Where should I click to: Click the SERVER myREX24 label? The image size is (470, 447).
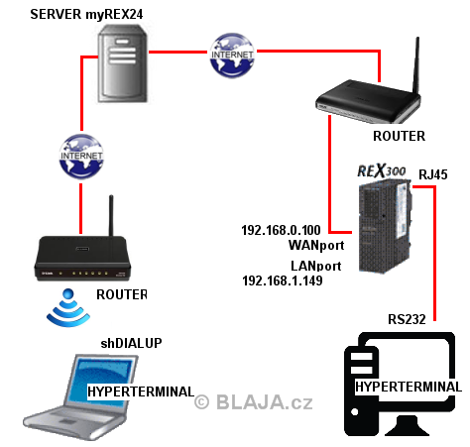(x=86, y=14)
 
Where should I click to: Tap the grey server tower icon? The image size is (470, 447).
(x=123, y=63)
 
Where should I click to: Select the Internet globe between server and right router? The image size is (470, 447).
(x=232, y=56)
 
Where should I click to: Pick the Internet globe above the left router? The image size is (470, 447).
(x=81, y=157)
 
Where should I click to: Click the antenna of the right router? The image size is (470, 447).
(x=416, y=65)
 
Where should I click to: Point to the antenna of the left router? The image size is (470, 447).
(x=111, y=215)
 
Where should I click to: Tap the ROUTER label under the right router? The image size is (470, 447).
(x=399, y=136)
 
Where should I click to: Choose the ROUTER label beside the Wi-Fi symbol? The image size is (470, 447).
(x=122, y=294)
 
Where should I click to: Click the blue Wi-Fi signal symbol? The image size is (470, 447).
(x=68, y=307)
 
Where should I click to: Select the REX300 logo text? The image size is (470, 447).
(x=382, y=170)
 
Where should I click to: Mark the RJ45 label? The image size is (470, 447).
(x=433, y=174)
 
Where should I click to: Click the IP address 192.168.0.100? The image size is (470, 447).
(x=281, y=230)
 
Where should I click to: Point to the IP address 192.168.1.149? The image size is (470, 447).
(x=283, y=280)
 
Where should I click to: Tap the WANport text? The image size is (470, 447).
(x=316, y=245)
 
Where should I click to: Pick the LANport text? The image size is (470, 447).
(x=316, y=266)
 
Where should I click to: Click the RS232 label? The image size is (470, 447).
(x=407, y=319)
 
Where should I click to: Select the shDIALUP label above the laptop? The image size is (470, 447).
(x=131, y=343)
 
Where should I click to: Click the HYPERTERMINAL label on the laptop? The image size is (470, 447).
(x=141, y=391)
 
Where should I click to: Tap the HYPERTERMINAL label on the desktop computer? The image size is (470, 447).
(x=409, y=387)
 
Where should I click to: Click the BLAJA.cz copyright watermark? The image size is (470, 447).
(x=254, y=402)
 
